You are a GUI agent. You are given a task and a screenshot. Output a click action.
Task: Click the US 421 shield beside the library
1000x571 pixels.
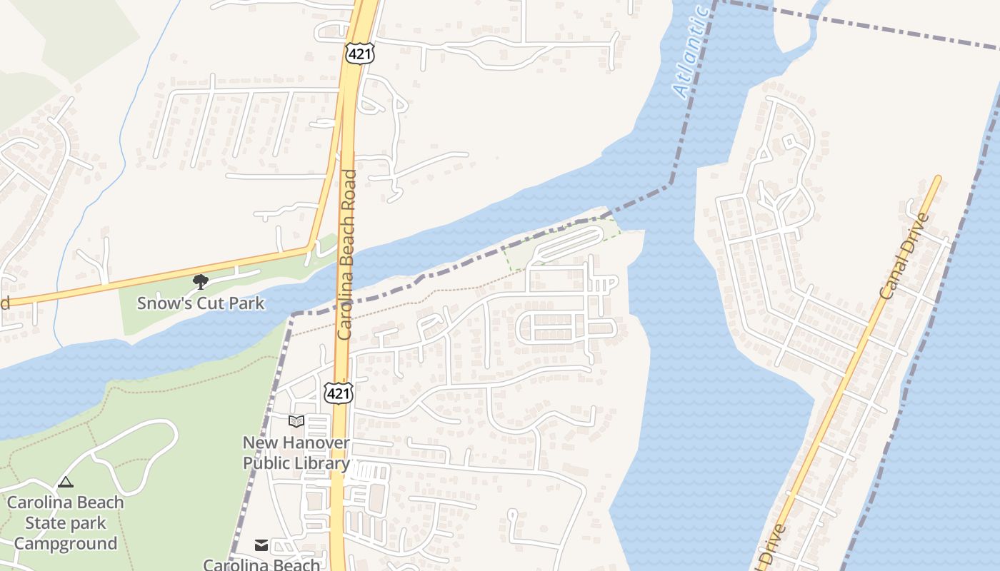338,393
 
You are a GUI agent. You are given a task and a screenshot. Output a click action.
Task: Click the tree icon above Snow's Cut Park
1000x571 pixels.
201,282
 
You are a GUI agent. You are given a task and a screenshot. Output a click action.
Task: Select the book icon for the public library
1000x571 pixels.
296,422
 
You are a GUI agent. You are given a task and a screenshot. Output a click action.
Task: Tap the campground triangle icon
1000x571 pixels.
66,482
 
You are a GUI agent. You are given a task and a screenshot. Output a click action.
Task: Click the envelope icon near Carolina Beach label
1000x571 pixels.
261,545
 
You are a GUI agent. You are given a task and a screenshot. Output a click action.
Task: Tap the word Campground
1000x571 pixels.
66,544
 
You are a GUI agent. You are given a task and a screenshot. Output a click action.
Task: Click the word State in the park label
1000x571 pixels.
45,523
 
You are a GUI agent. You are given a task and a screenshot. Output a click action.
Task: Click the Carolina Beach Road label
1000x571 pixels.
346,253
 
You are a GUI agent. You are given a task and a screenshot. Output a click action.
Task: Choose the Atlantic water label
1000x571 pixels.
691,54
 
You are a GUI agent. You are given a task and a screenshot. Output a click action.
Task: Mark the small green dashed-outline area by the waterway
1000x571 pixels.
564,243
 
